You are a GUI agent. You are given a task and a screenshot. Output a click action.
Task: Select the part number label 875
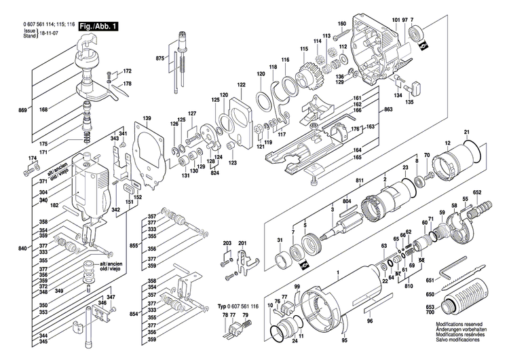pos(160,60)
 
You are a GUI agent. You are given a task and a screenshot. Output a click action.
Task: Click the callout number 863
pos(388,108)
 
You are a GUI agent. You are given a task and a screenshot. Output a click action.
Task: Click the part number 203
pos(227,243)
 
